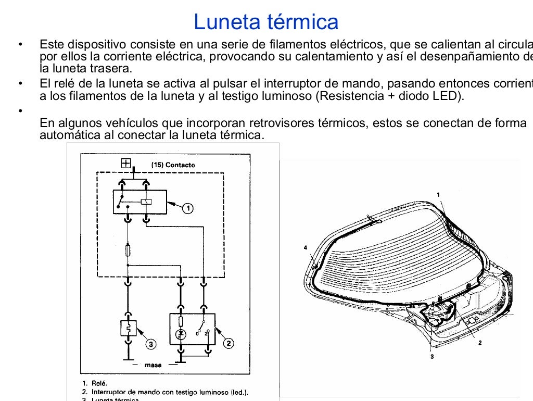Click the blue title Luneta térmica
[x=266, y=22]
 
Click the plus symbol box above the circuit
[x=125, y=163]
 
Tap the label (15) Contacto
[x=173, y=165]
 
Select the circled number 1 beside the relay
[x=187, y=208]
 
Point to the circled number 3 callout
[x=150, y=344]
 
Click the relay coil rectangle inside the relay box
[x=146, y=202]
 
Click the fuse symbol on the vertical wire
[x=128, y=251]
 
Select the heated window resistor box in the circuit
[x=128, y=328]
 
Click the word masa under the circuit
[x=153, y=365]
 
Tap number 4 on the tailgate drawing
[x=306, y=247]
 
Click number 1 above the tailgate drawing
[x=438, y=194]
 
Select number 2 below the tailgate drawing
[x=479, y=343]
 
